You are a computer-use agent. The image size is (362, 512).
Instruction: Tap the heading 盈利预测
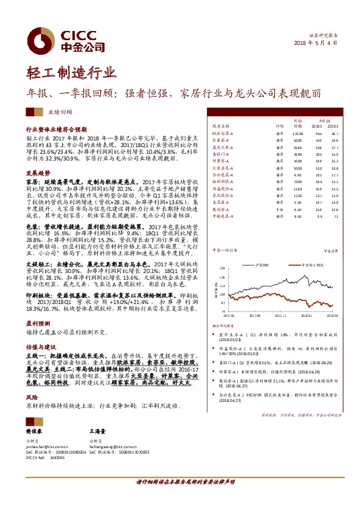coord(38,323)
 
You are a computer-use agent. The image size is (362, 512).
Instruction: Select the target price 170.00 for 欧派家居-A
coord(297,133)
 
